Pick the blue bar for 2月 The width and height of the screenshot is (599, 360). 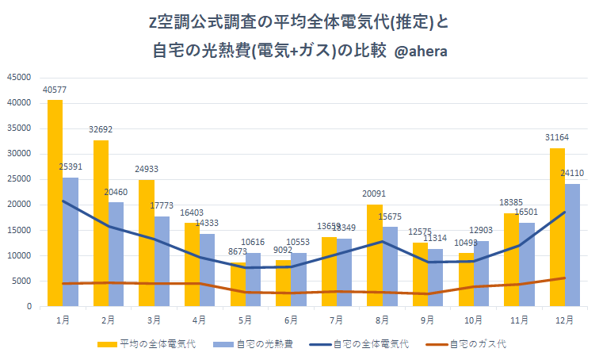click(116, 254)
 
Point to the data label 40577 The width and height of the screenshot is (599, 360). click(55, 90)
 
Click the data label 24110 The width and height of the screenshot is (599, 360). click(574, 173)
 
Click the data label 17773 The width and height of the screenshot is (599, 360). click(162, 205)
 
